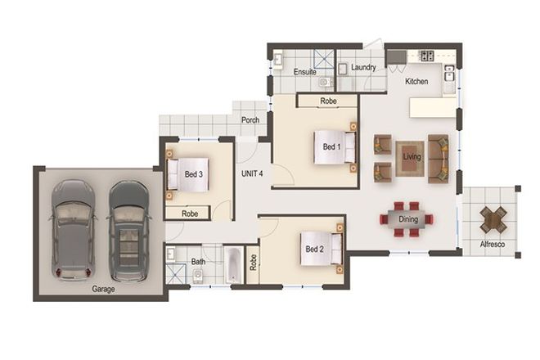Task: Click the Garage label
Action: [x=103, y=289]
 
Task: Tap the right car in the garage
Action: [x=128, y=229]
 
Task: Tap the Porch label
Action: [x=250, y=120]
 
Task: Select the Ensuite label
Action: [x=304, y=72]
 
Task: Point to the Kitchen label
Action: [x=417, y=82]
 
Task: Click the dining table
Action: [x=407, y=218]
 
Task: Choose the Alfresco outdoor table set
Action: [x=493, y=218]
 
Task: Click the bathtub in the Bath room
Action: [x=232, y=265]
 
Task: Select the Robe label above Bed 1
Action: [x=328, y=101]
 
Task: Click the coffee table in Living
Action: [x=411, y=157]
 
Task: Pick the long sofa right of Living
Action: [x=439, y=158]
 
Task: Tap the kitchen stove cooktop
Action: [x=425, y=56]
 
